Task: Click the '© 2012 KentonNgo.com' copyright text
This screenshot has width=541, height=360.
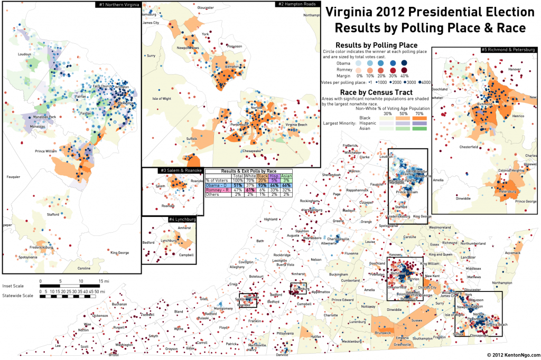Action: pos(510,355)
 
